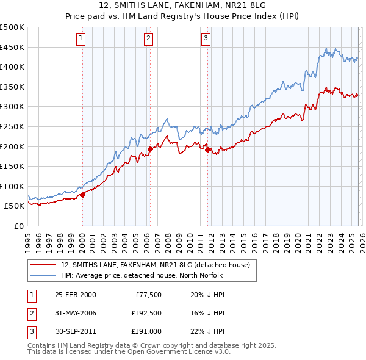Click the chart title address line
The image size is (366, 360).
pyautogui.click(x=182, y=5)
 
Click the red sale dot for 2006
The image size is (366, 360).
pyautogui.click(x=150, y=149)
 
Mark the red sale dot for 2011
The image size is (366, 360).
pyautogui.click(x=207, y=149)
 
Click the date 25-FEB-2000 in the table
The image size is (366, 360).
pyautogui.click(x=75, y=295)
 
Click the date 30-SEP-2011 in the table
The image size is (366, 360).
pyautogui.click(x=75, y=331)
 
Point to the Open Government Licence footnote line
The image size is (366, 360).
pyautogui.click(x=129, y=351)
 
